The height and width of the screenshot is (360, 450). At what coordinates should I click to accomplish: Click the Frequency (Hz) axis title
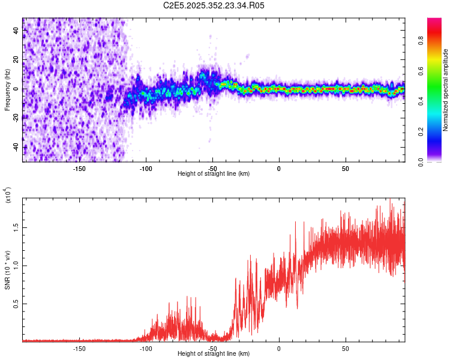coord(8,91)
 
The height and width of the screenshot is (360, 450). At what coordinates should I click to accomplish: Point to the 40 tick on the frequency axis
coord(16,31)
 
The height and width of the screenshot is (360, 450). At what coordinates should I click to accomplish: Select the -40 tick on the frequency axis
coord(16,147)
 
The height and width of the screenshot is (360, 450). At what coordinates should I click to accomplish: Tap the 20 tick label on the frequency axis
coord(16,60)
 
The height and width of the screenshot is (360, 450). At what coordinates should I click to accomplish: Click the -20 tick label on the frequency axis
coord(16,118)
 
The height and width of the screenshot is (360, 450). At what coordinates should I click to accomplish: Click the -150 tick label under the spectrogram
coord(79,169)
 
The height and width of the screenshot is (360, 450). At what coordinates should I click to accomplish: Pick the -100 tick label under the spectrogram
coord(145,169)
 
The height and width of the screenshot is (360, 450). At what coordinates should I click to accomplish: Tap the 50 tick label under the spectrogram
coord(346,169)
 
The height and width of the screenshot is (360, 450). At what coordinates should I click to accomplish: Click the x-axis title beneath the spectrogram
coord(214,174)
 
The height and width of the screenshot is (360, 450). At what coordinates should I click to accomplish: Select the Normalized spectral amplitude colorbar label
coord(446,90)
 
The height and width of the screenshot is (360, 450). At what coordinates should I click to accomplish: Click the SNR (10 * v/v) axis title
coord(8,270)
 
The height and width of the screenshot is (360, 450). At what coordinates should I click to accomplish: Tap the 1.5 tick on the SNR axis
coord(16,227)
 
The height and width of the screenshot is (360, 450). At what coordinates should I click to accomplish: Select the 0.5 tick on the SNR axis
coord(16,304)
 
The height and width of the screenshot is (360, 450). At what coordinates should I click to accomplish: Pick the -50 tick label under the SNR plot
coord(212,349)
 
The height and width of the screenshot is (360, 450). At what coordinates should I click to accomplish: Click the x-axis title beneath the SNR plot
coord(214,354)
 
